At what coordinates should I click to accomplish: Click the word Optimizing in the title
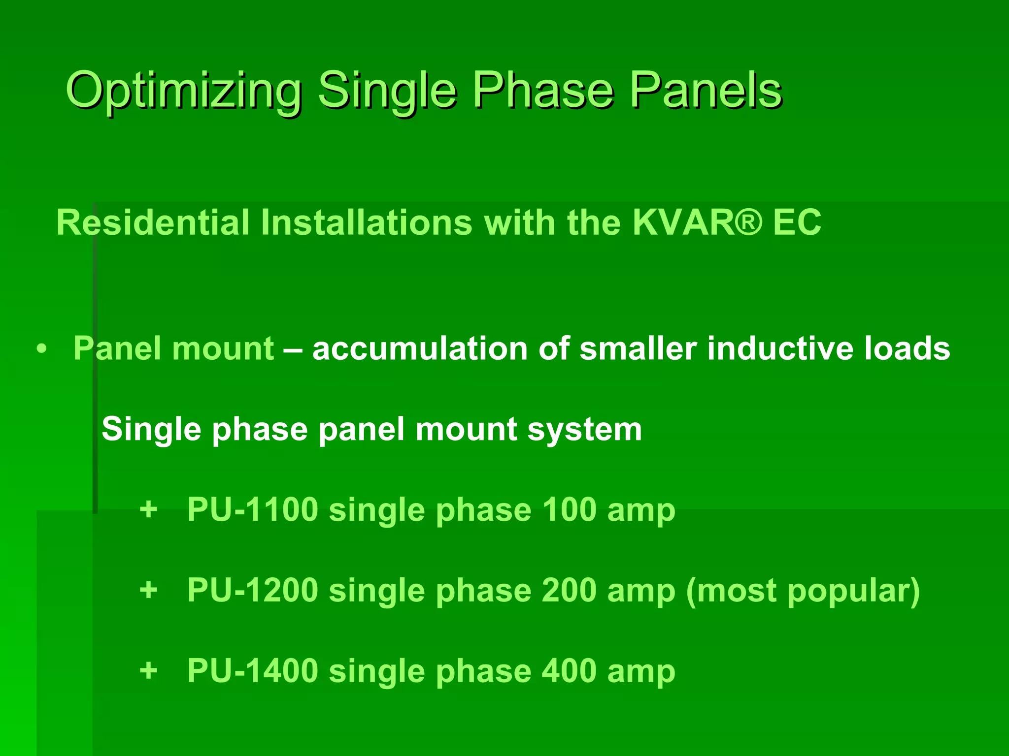click(183, 92)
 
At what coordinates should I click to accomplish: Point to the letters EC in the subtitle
click(797, 222)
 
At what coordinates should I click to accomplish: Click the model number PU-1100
click(253, 509)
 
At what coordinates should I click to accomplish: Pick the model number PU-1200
click(253, 590)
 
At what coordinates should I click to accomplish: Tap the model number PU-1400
click(253, 671)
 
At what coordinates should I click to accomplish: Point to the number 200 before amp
click(569, 590)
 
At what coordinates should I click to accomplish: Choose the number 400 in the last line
click(569, 671)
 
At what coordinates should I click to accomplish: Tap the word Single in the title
click(387, 92)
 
